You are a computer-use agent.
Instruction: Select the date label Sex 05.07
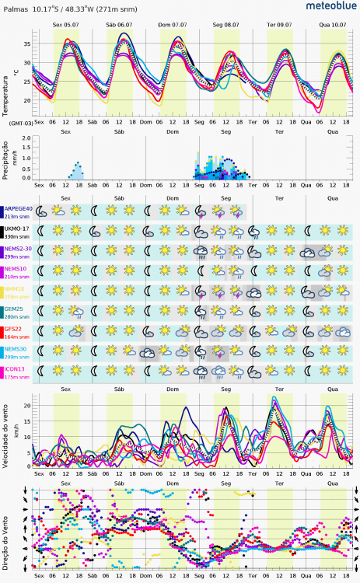65,25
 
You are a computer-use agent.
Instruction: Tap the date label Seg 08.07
225,25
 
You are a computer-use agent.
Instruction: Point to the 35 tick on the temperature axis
26,44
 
